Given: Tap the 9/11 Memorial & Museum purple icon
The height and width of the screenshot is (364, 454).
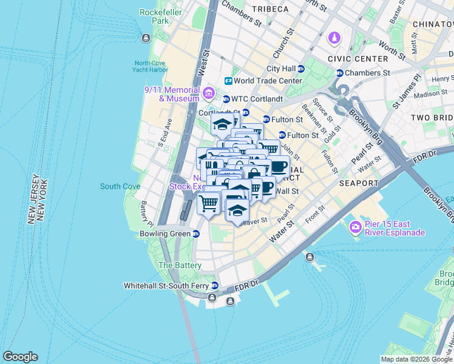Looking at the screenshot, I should (209, 93).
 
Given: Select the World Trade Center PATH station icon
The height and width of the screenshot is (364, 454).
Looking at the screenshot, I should (228, 81).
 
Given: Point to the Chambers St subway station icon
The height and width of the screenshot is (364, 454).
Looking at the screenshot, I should (339, 73).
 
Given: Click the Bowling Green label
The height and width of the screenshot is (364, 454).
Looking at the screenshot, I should (165, 234).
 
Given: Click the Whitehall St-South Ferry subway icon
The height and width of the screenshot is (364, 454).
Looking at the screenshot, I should (214, 285).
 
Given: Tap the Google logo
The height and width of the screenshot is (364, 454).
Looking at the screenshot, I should (20, 357).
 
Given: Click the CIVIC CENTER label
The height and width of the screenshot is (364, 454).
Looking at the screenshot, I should (357, 59).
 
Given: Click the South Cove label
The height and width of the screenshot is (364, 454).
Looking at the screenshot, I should (120, 186).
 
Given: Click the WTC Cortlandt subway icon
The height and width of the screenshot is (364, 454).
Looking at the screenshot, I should (226, 99).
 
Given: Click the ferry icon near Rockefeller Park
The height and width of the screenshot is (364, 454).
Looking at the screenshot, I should (145, 39).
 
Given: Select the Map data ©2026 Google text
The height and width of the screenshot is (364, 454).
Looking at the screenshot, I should (416, 359).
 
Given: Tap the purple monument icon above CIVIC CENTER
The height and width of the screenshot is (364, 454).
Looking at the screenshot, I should (334, 39).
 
